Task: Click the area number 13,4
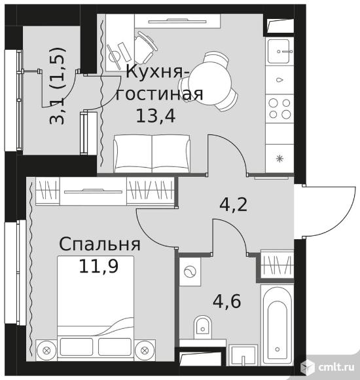156,117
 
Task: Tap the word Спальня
99,244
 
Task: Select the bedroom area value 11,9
99,266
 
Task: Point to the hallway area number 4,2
234,205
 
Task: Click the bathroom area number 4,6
227,301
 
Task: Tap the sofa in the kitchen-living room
152,154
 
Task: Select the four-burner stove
279,109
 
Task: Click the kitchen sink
279,51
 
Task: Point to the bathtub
278,324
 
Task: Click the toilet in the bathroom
203,327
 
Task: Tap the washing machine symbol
190,272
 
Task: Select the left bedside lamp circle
46,351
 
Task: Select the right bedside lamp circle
145,351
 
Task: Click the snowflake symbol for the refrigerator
279,159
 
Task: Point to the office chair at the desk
145,47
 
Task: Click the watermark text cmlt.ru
336,368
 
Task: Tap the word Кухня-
158,72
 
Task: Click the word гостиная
159,94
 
